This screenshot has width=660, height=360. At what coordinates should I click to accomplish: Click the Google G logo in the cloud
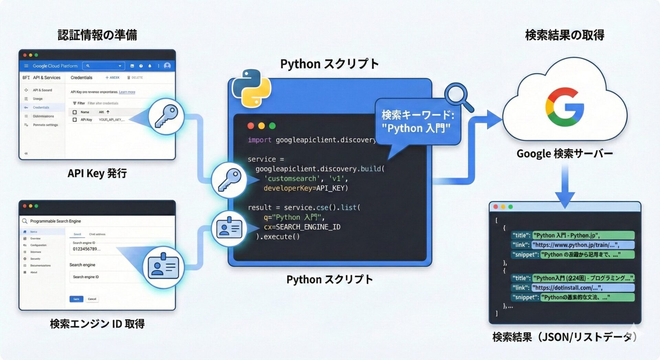564,107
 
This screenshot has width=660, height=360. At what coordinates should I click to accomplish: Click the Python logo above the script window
251,88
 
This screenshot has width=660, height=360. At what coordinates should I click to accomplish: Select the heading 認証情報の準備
97,35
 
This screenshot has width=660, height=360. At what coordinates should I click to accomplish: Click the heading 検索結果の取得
564,35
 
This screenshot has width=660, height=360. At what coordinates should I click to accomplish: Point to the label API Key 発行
97,173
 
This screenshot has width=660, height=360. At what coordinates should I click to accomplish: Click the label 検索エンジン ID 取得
97,324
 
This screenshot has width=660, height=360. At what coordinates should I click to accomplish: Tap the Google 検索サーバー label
564,153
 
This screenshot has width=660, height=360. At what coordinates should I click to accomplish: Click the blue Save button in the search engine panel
76,299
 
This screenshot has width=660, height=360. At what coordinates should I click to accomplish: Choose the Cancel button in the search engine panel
92,299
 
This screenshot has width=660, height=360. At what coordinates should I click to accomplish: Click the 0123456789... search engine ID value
87,249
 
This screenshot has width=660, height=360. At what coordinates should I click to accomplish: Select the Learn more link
127,92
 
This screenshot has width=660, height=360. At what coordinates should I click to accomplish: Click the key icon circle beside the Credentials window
166,116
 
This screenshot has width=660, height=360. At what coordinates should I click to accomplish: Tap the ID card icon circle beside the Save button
163,267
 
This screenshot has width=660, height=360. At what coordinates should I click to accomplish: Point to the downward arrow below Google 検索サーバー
564,187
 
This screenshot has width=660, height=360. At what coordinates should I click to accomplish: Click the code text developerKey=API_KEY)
306,188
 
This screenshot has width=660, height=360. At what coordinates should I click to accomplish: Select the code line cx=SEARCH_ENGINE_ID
302,227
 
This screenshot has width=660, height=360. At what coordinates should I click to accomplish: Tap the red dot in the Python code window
251,126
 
